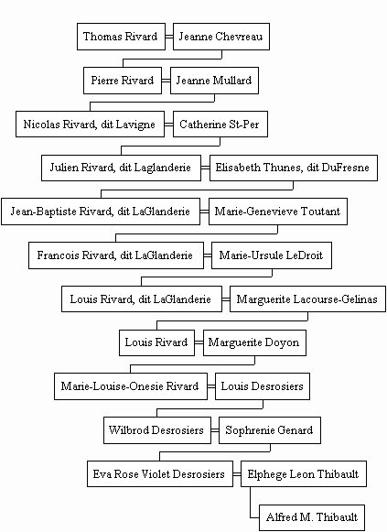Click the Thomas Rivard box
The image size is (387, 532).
pyautogui.click(x=121, y=37)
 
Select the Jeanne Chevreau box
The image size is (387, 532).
pyautogui.click(x=221, y=37)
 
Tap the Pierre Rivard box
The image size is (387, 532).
pyautogui.click(x=123, y=81)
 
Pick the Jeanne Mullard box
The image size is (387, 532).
pyautogui.click(x=214, y=81)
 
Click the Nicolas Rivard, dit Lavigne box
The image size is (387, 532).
pyautogui.click(x=90, y=125)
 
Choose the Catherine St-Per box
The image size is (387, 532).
pyautogui.click(x=220, y=125)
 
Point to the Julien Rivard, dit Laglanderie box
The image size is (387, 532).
pyautogui.click(x=121, y=168)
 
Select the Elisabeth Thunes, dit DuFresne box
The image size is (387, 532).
pyautogui.click(x=294, y=168)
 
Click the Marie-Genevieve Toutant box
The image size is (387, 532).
pyautogui.click(x=278, y=212)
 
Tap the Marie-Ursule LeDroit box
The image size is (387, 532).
pyautogui.click(x=272, y=255)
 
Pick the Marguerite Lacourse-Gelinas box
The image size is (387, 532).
pyautogui.click(x=307, y=299)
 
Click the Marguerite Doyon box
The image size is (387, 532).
pyautogui.click(x=254, y=342)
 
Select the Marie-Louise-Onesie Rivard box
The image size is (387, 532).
pyautogui.click(x=131, y=386)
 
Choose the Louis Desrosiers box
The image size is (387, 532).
pyautogui.click(x=263, y=386)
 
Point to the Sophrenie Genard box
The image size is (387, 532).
pyautogui.click(x=270, y=430)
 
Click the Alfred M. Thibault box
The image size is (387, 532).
pyautogui.click(x=312, y=517)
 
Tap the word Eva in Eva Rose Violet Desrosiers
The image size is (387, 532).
pyautogui.click(x=102, y=474)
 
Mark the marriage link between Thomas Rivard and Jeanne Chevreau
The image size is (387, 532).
pyautogui.click(x=169, y=37)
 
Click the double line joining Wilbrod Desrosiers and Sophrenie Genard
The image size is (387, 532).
pyautogui.click(x=215, y=430)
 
